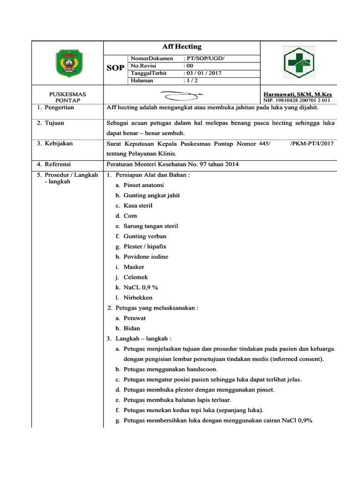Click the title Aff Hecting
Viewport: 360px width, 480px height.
[x=181, y=46]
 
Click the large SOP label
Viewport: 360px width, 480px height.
[x=116, y=68]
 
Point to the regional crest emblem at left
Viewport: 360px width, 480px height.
[x=68, y=64]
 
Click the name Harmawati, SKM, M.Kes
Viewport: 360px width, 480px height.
[x=298, y=94]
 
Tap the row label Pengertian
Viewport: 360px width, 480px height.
[x=59, y=107]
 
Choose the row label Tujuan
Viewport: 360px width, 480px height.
[x=54, y=123]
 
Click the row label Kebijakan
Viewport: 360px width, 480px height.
[x=58, y=143]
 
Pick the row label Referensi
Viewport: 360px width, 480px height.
[x=58, y=164]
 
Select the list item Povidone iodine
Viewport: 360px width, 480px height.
[x=146, y=257]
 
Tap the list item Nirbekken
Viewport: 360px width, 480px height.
[x=138, y=298]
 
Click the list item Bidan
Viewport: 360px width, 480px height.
[x=132, y=329]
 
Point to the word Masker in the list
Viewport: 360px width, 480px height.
[x=134, y=267]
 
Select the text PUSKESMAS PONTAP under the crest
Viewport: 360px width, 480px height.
[x=67, y=97]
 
